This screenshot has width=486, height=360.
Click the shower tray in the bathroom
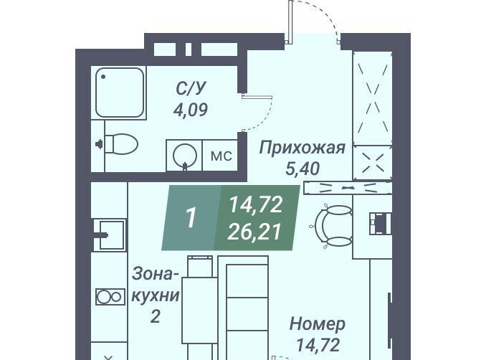[x=119, y=93]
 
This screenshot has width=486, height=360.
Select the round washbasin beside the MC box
[x=185, y=155]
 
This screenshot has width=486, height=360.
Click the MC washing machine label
[x=221, y=156]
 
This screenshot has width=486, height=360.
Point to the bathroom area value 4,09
[x=190, y=110]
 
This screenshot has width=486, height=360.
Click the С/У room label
[x=191, y=88]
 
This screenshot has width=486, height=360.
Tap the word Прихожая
[x=302, y=147]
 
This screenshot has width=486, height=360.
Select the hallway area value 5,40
[x=302, y=169]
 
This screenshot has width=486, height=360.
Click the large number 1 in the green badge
[x=191, y=217]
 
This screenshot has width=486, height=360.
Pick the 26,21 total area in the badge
[x=254, y=232]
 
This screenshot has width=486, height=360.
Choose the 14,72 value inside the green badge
[x=255, y=205]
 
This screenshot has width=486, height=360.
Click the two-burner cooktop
[x=110, y=297]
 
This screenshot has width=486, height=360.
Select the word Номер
[x=318, y=324]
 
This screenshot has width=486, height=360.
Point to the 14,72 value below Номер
[x=318, y=345]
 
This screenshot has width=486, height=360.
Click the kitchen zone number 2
[x=155, y=316]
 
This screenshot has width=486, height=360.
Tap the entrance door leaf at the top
[x=290, y=22]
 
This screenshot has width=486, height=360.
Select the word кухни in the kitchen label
[x=156, y=296]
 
